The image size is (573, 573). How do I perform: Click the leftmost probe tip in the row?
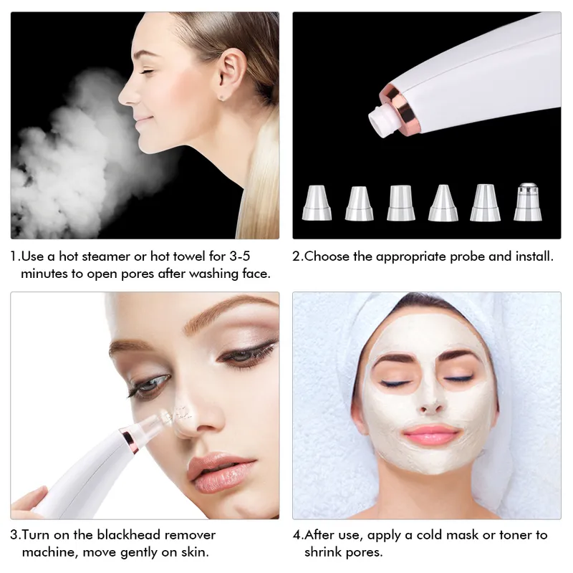click(317, 203)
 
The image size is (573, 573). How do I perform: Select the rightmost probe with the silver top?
click(528, 202)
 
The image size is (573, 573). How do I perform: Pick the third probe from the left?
click(400, 203)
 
